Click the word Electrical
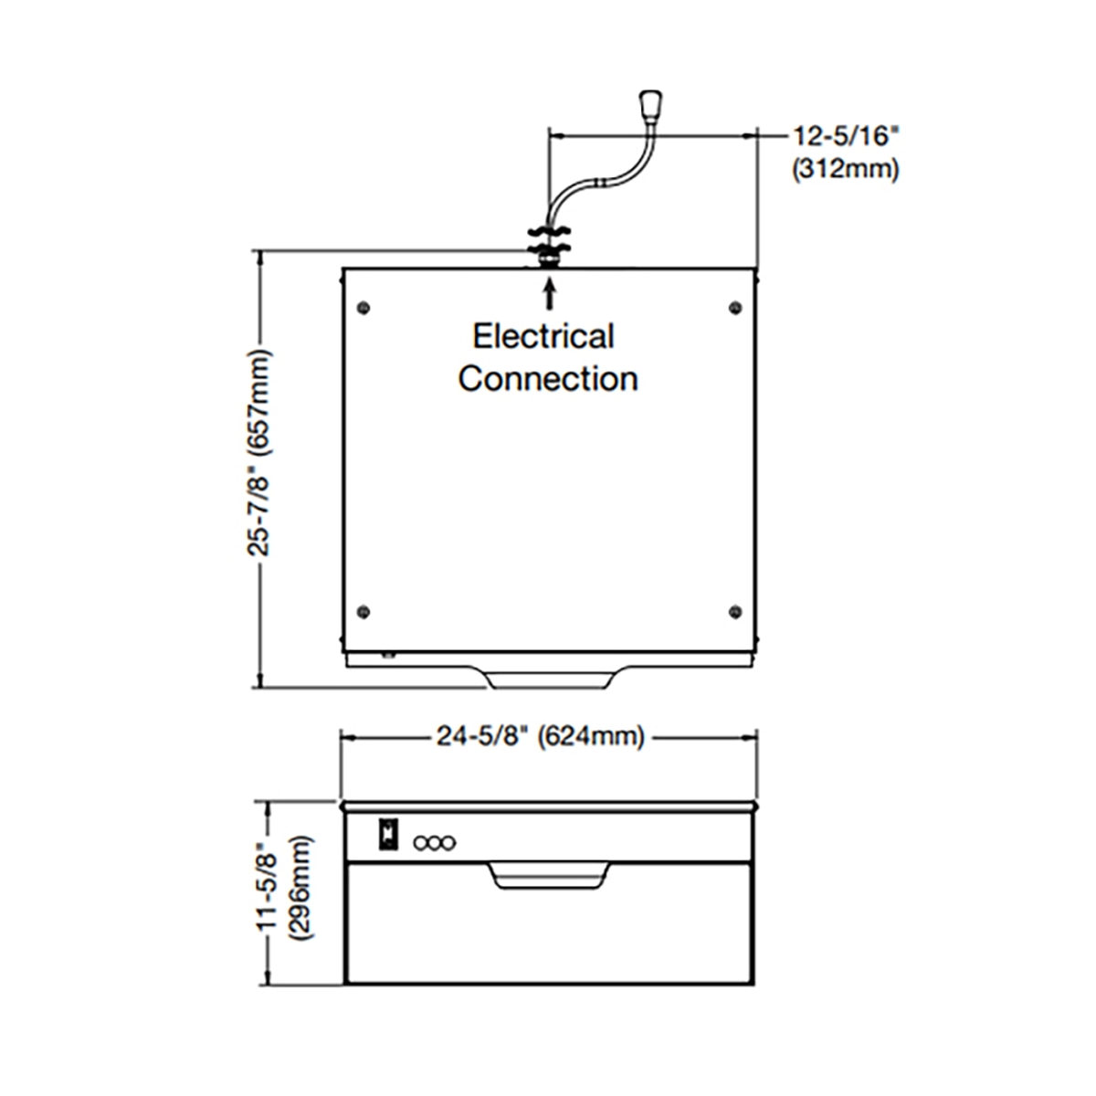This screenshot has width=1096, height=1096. click(543, 337)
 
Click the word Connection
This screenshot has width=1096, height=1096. click(547, 379)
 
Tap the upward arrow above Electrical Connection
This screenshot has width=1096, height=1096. click(549, 294)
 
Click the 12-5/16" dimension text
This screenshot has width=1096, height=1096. click(847, 136)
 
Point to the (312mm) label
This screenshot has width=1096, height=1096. click(845, 169)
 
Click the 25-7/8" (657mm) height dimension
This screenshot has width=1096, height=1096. click(260, 468)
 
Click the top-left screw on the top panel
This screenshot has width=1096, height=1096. click(364, 307)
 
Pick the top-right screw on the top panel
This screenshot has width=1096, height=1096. click(734, 307)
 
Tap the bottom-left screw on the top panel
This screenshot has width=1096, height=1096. click(364, 611)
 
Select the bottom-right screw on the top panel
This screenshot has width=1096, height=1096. click(734, 611)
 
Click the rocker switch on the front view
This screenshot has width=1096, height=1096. click(387, 835)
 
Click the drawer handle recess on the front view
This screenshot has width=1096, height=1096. click(548, 874)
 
